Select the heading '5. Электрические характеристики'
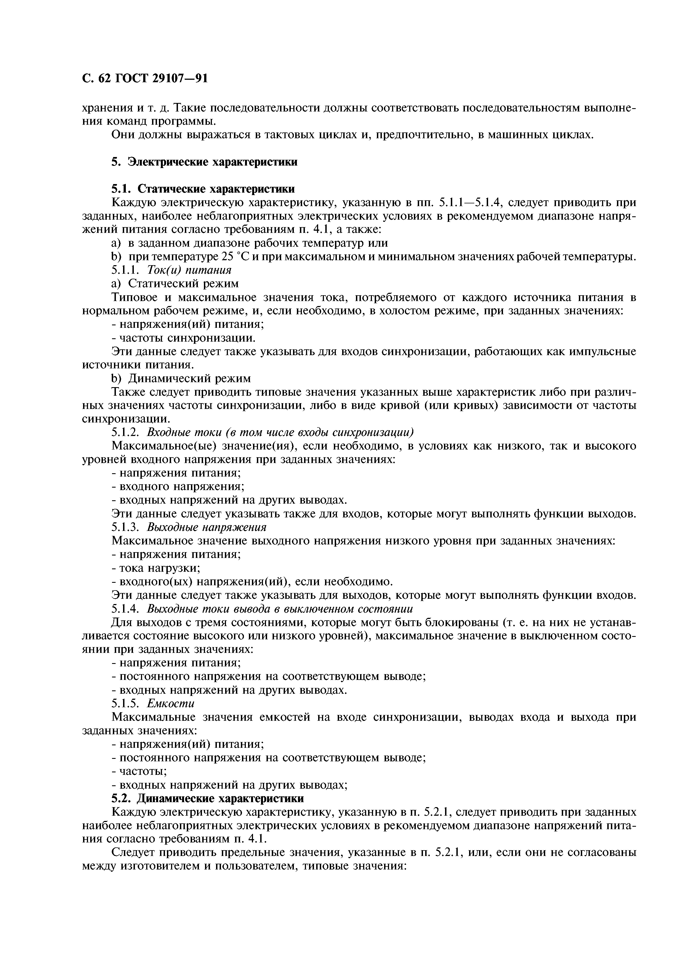pyautogui.click(x=204, y=162)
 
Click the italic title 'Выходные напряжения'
pyautogui.click(x=206, y=527)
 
